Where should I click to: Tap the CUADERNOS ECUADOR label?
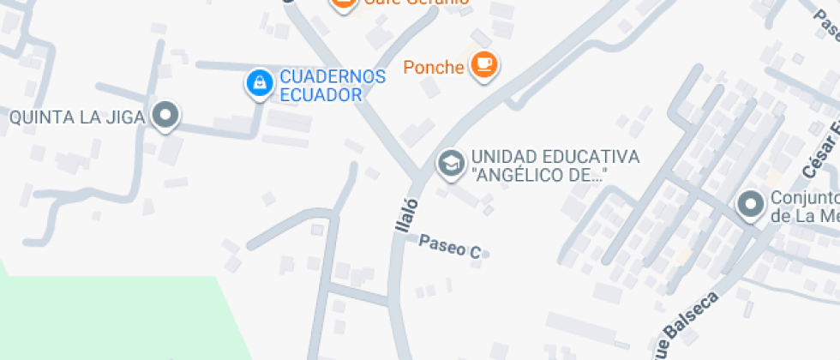[333, 85]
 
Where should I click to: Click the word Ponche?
[434, 67]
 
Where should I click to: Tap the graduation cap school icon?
[450, 162]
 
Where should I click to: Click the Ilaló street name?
[404, 215]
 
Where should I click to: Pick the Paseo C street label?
[449, 247]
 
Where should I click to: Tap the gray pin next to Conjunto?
[751, 205]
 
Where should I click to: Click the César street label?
[822, 155]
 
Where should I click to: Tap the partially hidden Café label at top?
[417, 3]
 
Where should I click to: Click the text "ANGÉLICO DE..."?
[539, 176]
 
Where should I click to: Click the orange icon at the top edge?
[343, 3]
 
